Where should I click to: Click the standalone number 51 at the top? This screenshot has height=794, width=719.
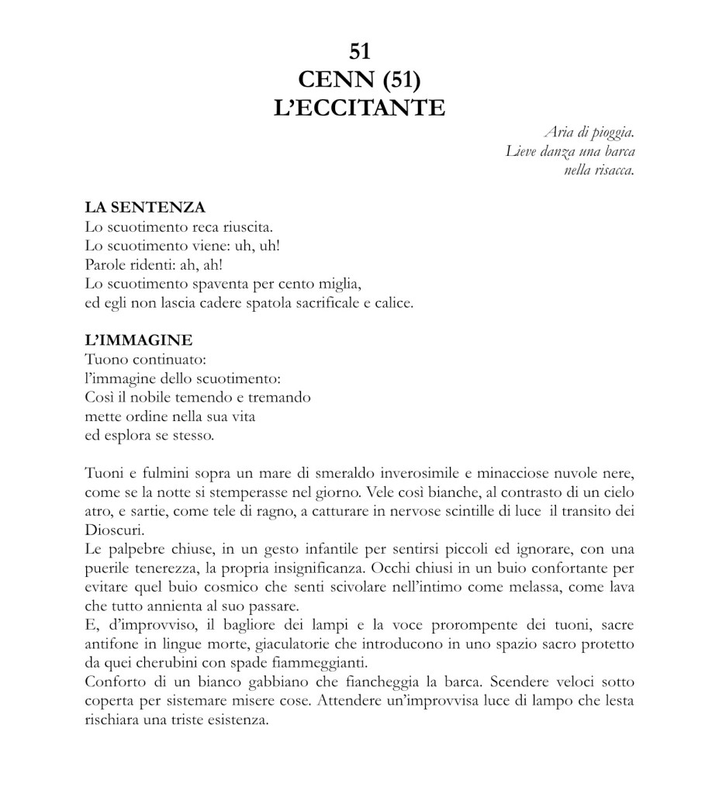[359, 51]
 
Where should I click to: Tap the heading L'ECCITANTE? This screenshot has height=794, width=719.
[360, 107]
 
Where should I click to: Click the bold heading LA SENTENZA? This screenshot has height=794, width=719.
[144, 208]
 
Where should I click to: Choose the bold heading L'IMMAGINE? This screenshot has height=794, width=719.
[138, 340]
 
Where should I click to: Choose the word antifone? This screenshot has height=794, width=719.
[109, 644]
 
